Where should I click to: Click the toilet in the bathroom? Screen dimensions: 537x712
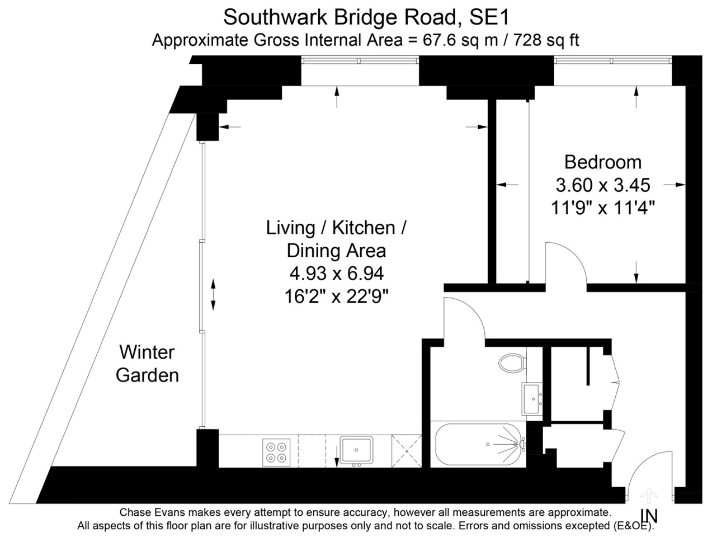[512, 363]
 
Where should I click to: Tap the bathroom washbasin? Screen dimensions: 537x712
[532, 398]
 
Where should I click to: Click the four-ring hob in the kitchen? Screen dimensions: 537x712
[277, 451]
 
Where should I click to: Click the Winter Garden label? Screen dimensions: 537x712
[147, 364]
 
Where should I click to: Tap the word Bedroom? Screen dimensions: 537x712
[602, 162]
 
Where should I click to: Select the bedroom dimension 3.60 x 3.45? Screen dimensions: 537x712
[602, 185]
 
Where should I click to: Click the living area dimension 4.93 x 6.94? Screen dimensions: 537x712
[336, 274]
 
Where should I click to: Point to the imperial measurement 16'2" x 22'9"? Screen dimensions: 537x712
[336, 296]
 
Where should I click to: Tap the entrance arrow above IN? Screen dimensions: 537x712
[648, 496]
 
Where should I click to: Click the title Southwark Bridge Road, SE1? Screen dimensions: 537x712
[366, 17]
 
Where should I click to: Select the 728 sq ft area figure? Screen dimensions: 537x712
[546, 40]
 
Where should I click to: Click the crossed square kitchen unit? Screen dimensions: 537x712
[406, 450]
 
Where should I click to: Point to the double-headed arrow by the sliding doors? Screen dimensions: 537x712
[213, 295]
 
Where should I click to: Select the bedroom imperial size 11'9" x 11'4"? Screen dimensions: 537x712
[602, 208]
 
